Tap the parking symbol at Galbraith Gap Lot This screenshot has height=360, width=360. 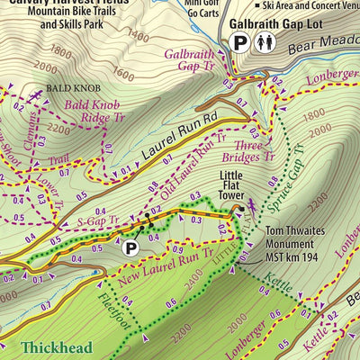point(239,42)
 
